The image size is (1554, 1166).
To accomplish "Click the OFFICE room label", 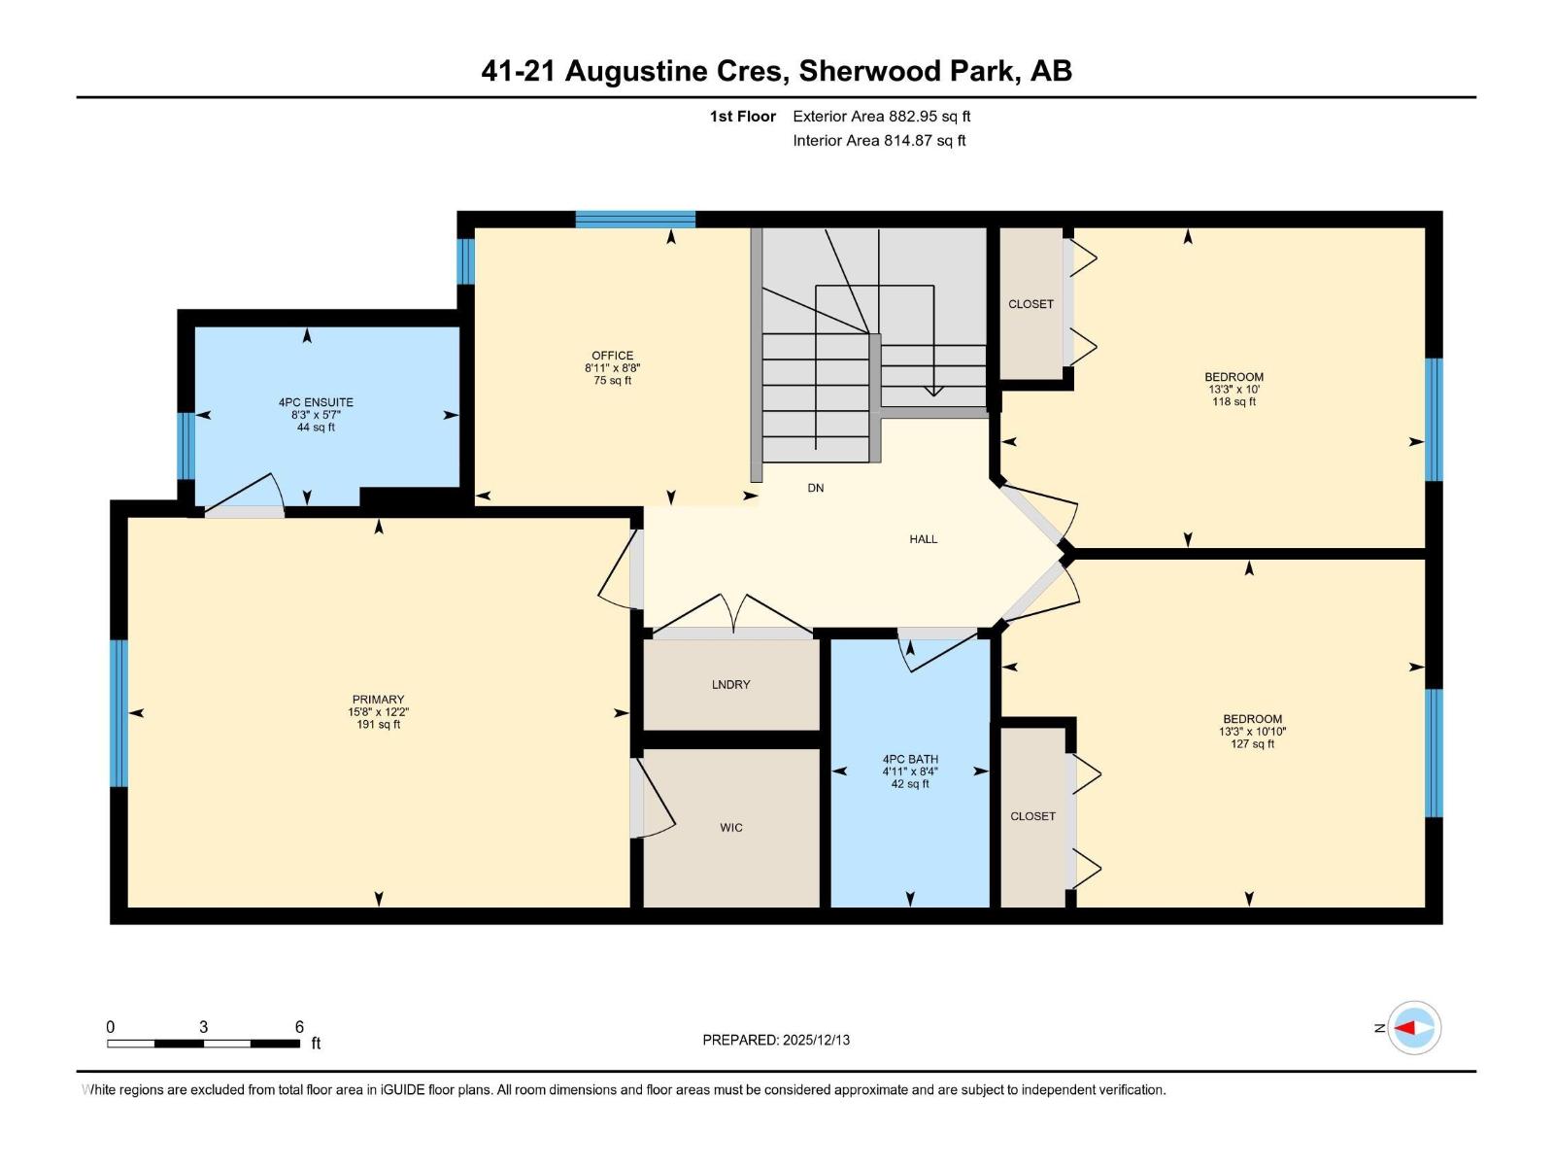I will [612, 356].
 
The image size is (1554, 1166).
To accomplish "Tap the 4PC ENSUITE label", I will [316, 402].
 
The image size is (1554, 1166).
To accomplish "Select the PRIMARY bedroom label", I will [378, 700].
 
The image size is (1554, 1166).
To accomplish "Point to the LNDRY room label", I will [730, 685].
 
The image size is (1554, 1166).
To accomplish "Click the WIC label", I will [731, 828].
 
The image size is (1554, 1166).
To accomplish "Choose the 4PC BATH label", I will [910, 760].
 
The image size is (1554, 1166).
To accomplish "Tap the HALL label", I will [923, 539].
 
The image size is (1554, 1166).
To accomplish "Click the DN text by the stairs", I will [815, 488].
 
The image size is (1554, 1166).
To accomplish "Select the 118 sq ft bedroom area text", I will [1233, 401].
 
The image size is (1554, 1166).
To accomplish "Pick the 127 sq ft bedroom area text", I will [1252, 744].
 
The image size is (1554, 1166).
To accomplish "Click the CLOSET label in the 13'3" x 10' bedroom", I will [1030, 304].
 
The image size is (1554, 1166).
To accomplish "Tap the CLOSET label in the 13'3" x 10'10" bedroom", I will [1032, 816].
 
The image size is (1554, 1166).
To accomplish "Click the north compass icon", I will [1413, 1028].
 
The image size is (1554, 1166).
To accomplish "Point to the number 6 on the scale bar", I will [299, 1027].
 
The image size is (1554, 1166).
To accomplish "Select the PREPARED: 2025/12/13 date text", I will [776, 1040].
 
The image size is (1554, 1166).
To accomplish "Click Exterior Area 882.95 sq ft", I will [881, 117].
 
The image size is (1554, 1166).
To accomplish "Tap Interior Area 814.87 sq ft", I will [879, 141].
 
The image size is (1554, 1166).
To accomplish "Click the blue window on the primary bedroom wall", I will [118, 712].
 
